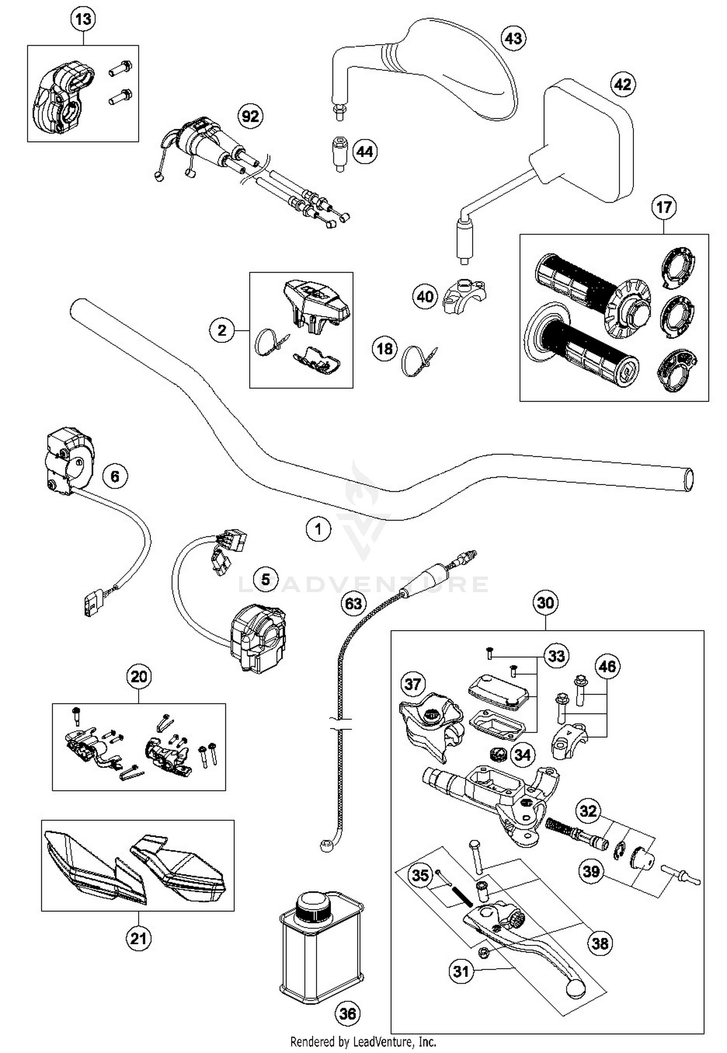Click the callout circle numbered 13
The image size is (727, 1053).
[x=83, y=19]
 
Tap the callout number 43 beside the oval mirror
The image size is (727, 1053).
[x=514, y=38]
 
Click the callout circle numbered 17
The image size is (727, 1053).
[x=664, y=208]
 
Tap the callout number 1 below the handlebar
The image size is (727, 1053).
[x=318, y=529]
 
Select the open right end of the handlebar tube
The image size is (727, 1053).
[x=688, y=480]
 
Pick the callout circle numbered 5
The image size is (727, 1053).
[x=266, y=579]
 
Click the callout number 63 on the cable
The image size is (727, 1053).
[x=353, y=603]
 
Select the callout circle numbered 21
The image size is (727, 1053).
[x=138, y=938]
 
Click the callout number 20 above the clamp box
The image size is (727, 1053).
[x=139, y=676]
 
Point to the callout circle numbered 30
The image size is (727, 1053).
[x=545, y=602]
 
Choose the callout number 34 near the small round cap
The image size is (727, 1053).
[x=522, y=755]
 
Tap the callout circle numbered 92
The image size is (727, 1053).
[x=251, y=116]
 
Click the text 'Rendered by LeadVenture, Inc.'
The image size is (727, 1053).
[x=363, y=1041]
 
